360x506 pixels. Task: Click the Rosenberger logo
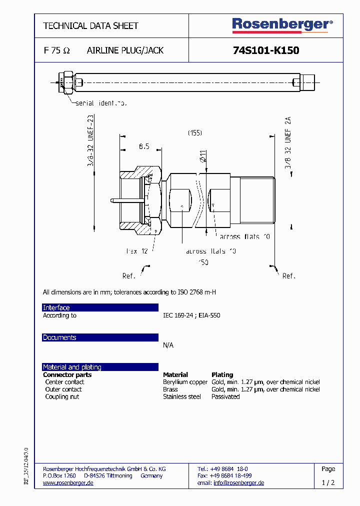click(282, 25)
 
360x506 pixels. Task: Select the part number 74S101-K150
click(266, 50)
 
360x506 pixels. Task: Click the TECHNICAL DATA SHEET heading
click(90, 25)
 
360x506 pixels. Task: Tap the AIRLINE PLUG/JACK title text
click(125, 50)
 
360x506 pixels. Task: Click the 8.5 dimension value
click(144, 146)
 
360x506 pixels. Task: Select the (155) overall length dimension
click(195, 133)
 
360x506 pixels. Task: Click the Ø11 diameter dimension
click(203, 155)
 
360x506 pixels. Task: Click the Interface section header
click(56, 307)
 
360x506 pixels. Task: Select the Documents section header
click(59, 337)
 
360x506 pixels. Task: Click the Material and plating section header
click(72, 367)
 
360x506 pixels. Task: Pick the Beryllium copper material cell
click(185, 382)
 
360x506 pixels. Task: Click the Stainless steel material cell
click(181, 396)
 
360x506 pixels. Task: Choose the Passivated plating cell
click(225, 396)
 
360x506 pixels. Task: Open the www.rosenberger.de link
click(68, 483)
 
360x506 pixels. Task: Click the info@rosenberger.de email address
click(238, 483)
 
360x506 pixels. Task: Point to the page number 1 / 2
click(328, 483)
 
